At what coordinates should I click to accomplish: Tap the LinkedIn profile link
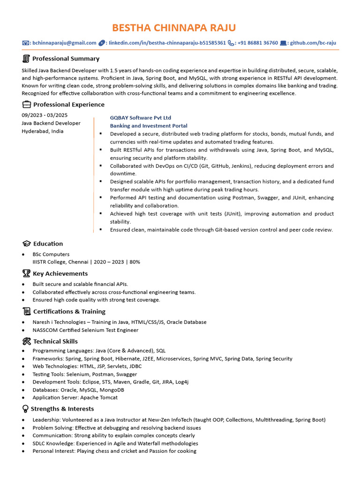(x=167, y=43)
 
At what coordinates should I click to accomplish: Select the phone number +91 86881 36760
(x=257, y=43)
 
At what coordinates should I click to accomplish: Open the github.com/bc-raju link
(x=313, y=43)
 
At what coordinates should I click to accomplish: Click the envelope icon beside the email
(x=26, y=43)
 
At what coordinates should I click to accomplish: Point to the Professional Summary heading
(x=66, y=59)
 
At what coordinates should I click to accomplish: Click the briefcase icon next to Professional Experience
(x=26, y=105)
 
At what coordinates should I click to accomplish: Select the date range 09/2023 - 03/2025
(x=45, y=115)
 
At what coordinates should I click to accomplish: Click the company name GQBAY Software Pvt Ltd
(x=141, y=118)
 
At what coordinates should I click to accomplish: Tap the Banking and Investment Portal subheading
(x=149, y=126)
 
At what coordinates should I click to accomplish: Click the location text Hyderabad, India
(x=43, y=131)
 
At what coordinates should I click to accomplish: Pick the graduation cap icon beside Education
(x=26, y=244)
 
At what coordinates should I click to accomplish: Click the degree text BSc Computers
(x=51, y=254)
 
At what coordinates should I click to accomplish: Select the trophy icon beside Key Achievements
(x=26, y=274)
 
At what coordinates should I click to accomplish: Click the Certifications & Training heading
(x=69, y=311)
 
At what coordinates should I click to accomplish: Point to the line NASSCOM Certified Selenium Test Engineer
(x=85, y=330)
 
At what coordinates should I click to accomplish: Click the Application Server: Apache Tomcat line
(x=75, y=397)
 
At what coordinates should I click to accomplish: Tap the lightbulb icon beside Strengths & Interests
(x=25, y=409)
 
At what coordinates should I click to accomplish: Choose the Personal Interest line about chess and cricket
(x=114, y=451)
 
